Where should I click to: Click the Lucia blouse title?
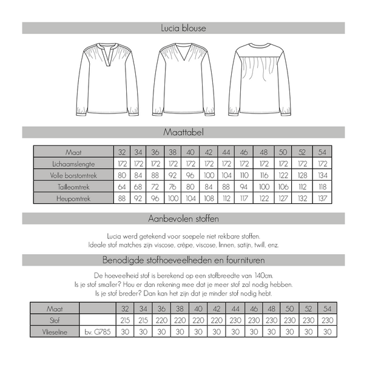pyautogui.click(x=183, y=28)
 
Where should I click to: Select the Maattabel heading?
pyautogui.click(x=183, y=132)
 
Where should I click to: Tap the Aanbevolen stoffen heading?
pyautogui.click(x=183, y=218)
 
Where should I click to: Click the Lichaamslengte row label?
pyautogui.click(x=73, y=163)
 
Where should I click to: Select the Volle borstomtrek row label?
pyautogui.click(x=73, y=175)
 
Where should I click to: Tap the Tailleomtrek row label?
pyautogui.click(x=73, y=186)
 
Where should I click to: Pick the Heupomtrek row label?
pyautogui.click(x=73, y=198)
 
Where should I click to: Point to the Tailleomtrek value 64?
pyautogui.click(x=122, y=186)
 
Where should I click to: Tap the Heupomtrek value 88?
pyautogui.click(x=122, y=198)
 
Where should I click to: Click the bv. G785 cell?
pyautogui.click(x=97, y=332)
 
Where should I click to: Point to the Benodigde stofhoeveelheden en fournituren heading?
pyautogui.click(x=183, y=261)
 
